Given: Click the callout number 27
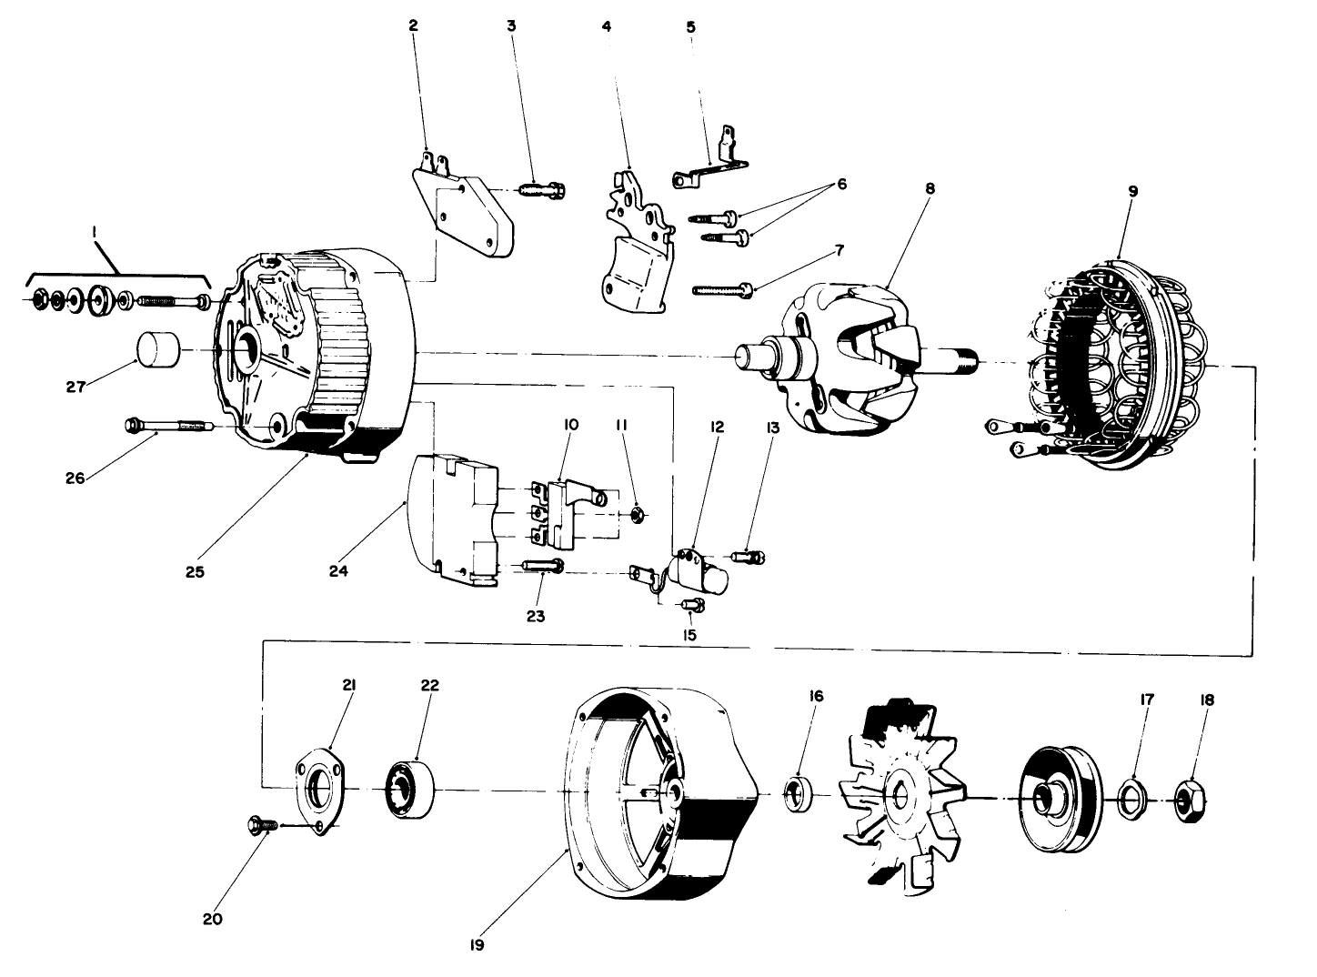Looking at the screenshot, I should coord(75,387).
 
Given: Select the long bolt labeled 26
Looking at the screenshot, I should coord(168,425).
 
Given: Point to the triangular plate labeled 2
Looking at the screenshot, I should coord(464,214).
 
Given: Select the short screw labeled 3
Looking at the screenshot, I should coord(541,191).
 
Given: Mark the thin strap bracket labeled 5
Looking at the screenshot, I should coord(709,166).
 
